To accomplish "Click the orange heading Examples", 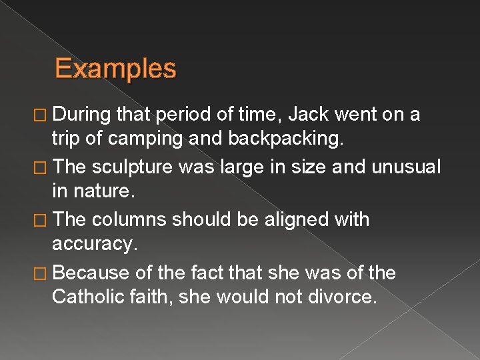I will pyautogui.click(x=115, y=69).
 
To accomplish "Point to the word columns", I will pyautogui.click(x=130, y=219).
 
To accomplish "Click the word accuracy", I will pyautogui.click(x=95, y=245).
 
